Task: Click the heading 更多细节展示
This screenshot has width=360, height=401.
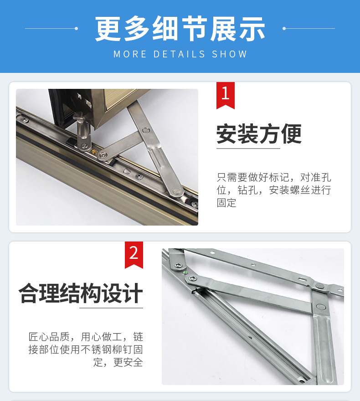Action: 180,28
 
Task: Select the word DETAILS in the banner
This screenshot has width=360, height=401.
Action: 180,54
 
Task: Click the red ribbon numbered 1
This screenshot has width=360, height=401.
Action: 225,94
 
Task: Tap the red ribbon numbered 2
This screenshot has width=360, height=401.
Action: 134,254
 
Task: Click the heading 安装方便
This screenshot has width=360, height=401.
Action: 259,134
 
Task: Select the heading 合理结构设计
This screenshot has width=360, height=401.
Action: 81,293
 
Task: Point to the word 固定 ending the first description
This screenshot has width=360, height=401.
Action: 226,202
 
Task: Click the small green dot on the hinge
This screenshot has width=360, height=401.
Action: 185,273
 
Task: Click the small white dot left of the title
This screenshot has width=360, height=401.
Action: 76,28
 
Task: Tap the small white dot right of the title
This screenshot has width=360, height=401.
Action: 284,28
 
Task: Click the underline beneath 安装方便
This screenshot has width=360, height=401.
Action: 248,148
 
